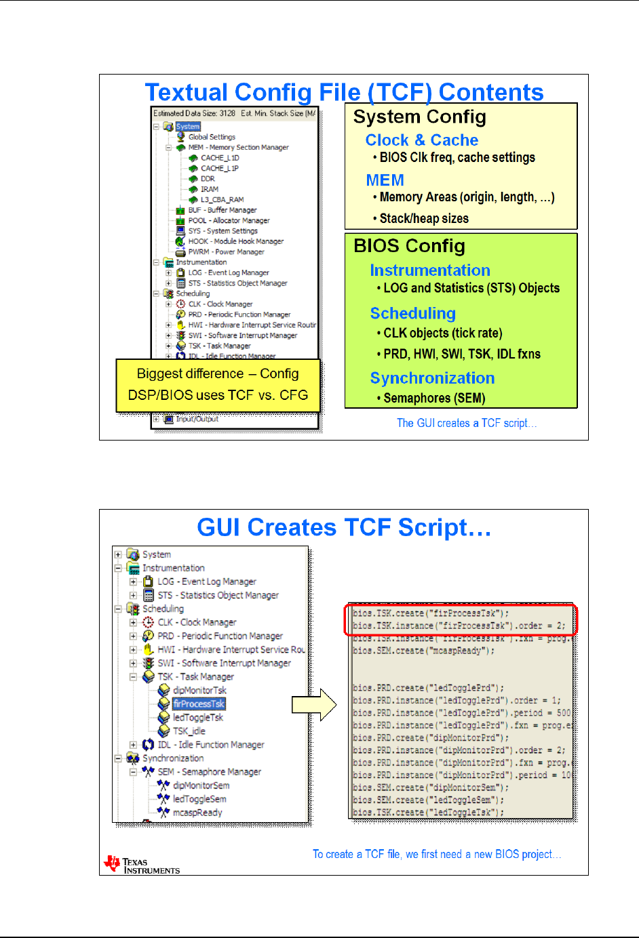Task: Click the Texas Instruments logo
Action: (x=141, y=865)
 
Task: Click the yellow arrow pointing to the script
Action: (x=314, y=705)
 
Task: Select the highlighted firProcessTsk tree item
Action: (x=199, y=704)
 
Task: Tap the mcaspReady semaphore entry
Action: (x=197, y=813)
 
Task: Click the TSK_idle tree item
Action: (x=189, y=731)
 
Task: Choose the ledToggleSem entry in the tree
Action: (x=199, y=799)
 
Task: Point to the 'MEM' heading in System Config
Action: (x=385, y=180)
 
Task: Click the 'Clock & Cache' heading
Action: (x=421, y=140)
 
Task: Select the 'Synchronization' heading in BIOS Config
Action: (x=432, y=378)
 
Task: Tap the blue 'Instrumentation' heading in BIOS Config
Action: (x=429, y=270)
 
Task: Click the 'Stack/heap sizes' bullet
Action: (x=424, y=218)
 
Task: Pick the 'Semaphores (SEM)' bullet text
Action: (x=434, y=398)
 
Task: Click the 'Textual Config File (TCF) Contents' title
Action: (x=344, y=92)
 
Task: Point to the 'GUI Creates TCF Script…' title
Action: (x=344, y=527)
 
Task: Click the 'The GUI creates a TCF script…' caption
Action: (x=466, y=423)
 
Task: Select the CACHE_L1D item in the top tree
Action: (x=220, y=158)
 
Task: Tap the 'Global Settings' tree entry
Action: (x=212, y=137)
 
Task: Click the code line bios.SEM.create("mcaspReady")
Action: (x=423, y=651)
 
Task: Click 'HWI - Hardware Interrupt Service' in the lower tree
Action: (x=231, y=649)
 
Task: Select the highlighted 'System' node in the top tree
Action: (x=188, y=127)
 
